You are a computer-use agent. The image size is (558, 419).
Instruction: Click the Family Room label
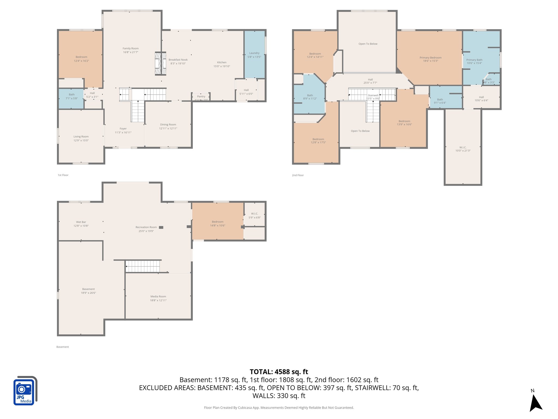pos(131,49)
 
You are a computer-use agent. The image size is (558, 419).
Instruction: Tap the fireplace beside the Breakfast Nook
pos(160,64)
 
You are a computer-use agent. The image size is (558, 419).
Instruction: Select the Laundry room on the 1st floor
pos(254,55)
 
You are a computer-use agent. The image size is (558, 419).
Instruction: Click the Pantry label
pos(201,97)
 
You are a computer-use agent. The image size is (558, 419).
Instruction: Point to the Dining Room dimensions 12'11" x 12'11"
pos(168,128)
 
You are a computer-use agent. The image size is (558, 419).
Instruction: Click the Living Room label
pos(81,137)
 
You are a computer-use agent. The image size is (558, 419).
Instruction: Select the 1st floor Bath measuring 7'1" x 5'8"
pos(71,97)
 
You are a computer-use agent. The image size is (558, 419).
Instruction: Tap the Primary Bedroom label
pos(430,58)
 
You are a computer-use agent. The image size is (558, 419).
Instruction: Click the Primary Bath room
pos(474,61)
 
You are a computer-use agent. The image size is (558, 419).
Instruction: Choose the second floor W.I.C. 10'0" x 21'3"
pos(463,149)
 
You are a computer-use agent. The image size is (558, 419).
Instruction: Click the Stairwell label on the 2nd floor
pos(373,95)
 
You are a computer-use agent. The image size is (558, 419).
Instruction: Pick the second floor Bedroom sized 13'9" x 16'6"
pos(404,123)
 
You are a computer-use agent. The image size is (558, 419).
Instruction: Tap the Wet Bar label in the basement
pos(81,222)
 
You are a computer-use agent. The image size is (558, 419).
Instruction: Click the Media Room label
pos(158,297)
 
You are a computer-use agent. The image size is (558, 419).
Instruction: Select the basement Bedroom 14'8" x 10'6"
pos(217,223)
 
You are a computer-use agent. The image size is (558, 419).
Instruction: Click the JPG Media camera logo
pos(25,390)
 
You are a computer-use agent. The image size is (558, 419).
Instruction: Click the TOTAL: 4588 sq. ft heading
pos(279,372)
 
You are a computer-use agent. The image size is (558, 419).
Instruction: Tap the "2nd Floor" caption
pos(298,175)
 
